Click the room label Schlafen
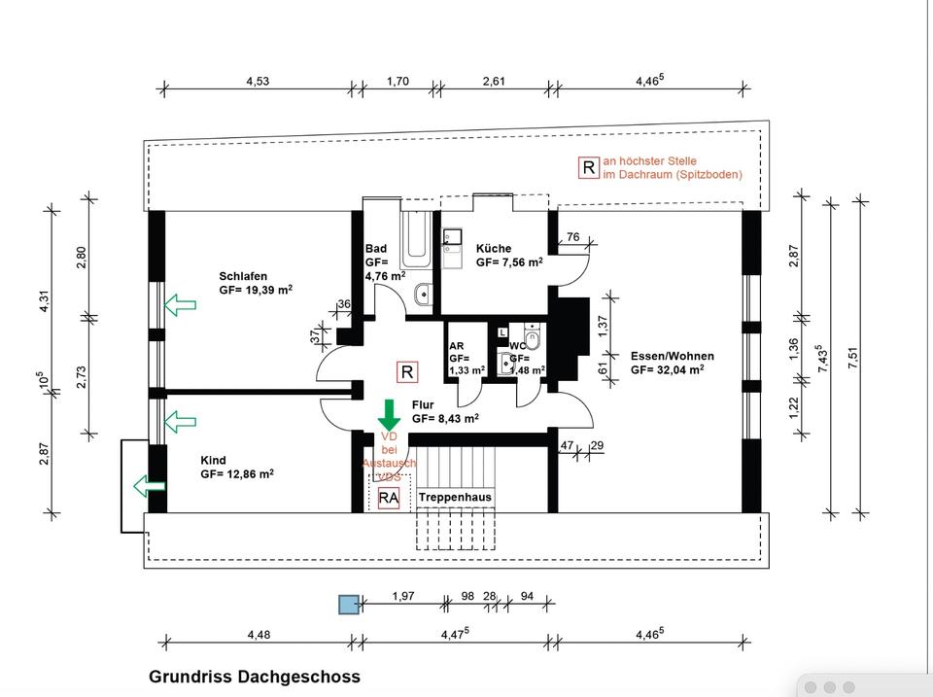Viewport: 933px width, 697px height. click(x=243, y=276)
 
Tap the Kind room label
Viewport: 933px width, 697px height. click(x=213, y=460)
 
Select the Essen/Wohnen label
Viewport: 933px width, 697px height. click(x=672, y=355)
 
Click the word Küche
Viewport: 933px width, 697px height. click(x=493, y=249)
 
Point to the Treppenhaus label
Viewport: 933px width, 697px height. click(x=455, y=497)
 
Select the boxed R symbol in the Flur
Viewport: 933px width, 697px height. click(x=407, y=371)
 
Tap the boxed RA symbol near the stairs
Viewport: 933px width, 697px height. click(x=389, y=498)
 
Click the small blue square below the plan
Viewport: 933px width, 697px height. click(x=348, y=605)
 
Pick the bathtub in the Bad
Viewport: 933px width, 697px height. click(x=416, y=238)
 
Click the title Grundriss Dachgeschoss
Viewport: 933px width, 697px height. click(x=254, y=677)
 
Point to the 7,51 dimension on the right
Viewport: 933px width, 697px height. click(x=854, y=357)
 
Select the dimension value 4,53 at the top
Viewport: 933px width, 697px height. click(x=258, y=82)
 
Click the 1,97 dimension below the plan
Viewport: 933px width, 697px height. click(x=402, y=596)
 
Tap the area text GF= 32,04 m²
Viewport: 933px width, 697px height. click(x=666, y=369)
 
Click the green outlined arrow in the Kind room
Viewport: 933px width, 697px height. click(x=149, y=484)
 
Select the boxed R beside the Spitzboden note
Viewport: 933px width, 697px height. click(x=588, y=167)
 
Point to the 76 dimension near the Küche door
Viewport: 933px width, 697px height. click(x=572, y=237)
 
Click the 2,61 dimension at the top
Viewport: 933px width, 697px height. click(x=494, y=82)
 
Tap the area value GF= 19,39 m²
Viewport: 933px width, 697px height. click(x=256, y=290)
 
